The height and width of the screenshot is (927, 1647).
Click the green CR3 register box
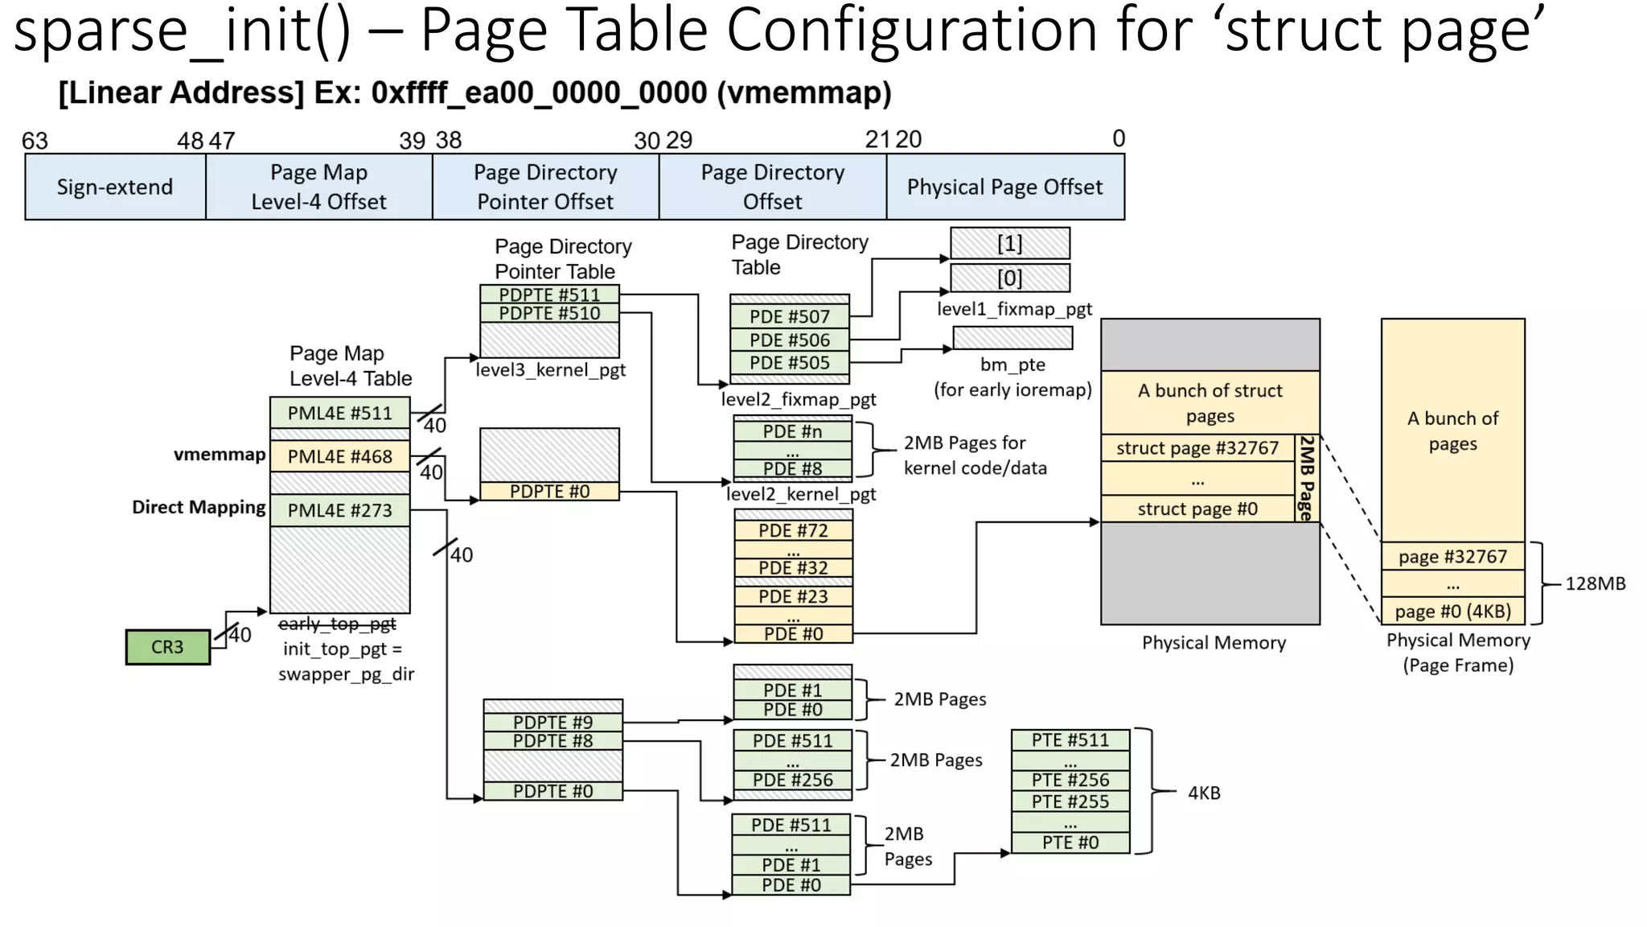click(167, 647)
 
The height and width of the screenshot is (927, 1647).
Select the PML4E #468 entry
click(339, 456)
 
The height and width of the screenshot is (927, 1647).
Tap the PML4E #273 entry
click(339, 510)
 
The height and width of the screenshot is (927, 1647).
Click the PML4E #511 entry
click(339, 413)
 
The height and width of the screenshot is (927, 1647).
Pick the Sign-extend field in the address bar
click(115, 187)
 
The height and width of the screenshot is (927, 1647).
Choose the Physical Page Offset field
click(1004, 187)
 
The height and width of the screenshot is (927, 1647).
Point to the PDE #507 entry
click(789, 316)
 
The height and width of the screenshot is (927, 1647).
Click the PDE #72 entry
click(793, 530)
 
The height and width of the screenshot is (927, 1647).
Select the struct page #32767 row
click(1197, 448)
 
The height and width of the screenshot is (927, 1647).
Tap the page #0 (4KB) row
click(1452, 611)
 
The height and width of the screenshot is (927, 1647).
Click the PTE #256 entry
click(1070, 780)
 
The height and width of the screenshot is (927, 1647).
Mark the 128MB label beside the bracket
click(1595, 583)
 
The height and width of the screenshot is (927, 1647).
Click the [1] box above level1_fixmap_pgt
click(1010, 243)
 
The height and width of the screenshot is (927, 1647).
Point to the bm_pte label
click(1012, 365)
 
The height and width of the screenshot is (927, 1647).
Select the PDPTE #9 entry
click(552, 722)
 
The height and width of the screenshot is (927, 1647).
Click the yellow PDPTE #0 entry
click(549, 491)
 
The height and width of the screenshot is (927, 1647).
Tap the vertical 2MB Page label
click(1307, 478)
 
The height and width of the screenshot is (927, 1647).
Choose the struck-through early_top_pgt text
click(337, 624)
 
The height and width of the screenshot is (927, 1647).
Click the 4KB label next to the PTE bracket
click(1204, 793)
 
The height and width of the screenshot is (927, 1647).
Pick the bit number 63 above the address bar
click(35, 141)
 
